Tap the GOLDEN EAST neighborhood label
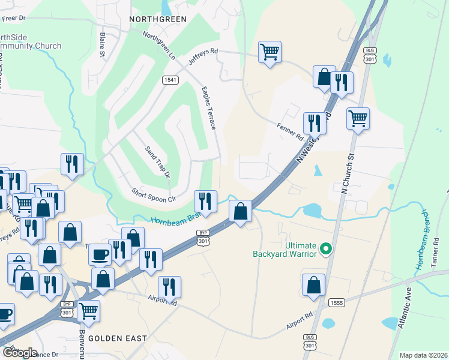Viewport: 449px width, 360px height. [x=118, y=338]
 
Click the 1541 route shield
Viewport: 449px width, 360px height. [x=170, y=80]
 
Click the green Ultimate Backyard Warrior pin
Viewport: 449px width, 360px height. [x=326, y=248]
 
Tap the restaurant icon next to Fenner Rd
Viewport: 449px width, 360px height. [x=315, y=123]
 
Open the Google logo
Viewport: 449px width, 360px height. [x=20, y=352]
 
